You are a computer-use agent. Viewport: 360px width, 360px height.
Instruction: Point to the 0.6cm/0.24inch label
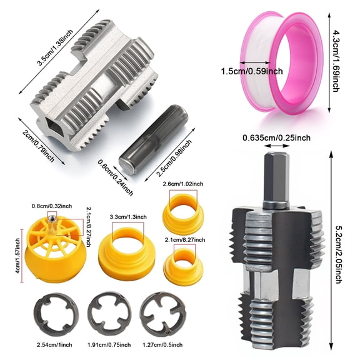tap(116, 175)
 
